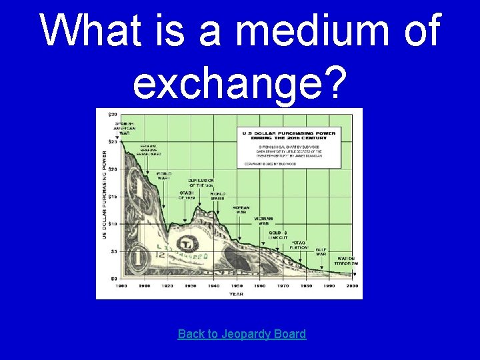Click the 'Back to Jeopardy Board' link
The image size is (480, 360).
click(241, 334)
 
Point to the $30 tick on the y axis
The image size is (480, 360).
click(113, 115)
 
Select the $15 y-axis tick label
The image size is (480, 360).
click(113, 197)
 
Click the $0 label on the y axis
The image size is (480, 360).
click(114, 279)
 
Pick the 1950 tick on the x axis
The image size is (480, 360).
click(237, 285)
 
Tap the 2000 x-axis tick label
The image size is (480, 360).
click(352, 285)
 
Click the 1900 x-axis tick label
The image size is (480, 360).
click(121, 285)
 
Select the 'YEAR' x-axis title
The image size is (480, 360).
click(237, 293)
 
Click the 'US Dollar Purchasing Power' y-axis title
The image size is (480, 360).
click(104, 194)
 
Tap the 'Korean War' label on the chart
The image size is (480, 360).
click(241, 210)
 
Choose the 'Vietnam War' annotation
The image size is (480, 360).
click(263, 221)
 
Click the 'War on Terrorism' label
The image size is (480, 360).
click(347, 261)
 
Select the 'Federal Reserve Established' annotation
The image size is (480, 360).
click(149, 150)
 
